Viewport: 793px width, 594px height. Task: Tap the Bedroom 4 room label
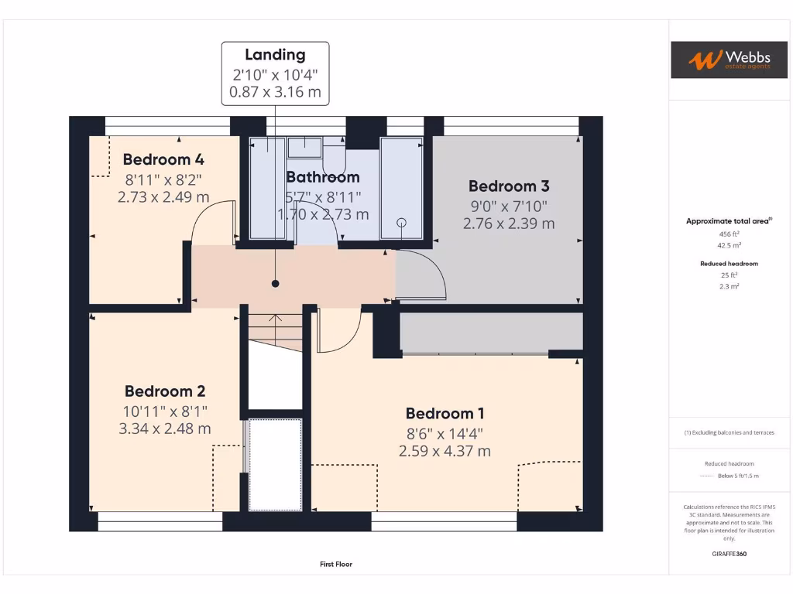click(x=163, y=160)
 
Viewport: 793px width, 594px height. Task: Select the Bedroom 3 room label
click(x=509, y=186)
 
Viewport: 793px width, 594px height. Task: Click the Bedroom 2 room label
click(x=165, y=391)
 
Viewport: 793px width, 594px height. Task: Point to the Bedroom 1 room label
click(x=445, y=414)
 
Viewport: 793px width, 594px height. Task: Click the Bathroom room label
click(x=323, y=177)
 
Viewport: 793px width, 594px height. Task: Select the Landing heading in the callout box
click(x=275, y=55)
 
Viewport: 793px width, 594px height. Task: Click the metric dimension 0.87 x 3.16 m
click(x=275, y=92)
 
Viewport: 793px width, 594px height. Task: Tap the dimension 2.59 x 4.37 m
click(x=445, y=451)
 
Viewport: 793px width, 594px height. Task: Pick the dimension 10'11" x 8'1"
click(x=165, y=411)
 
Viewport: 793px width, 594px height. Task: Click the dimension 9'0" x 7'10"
click(x=509, y=206)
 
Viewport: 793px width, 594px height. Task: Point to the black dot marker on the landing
click(x=275, y=284)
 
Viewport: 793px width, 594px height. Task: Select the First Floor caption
click(x=336, y=565)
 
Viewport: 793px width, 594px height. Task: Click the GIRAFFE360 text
click(x=728, y=554)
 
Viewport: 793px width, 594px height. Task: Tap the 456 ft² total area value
click(x=728, y=234)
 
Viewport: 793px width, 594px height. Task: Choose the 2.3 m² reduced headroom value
click(x=728, y=286)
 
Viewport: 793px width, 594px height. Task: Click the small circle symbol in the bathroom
click(x=401, y=223)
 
